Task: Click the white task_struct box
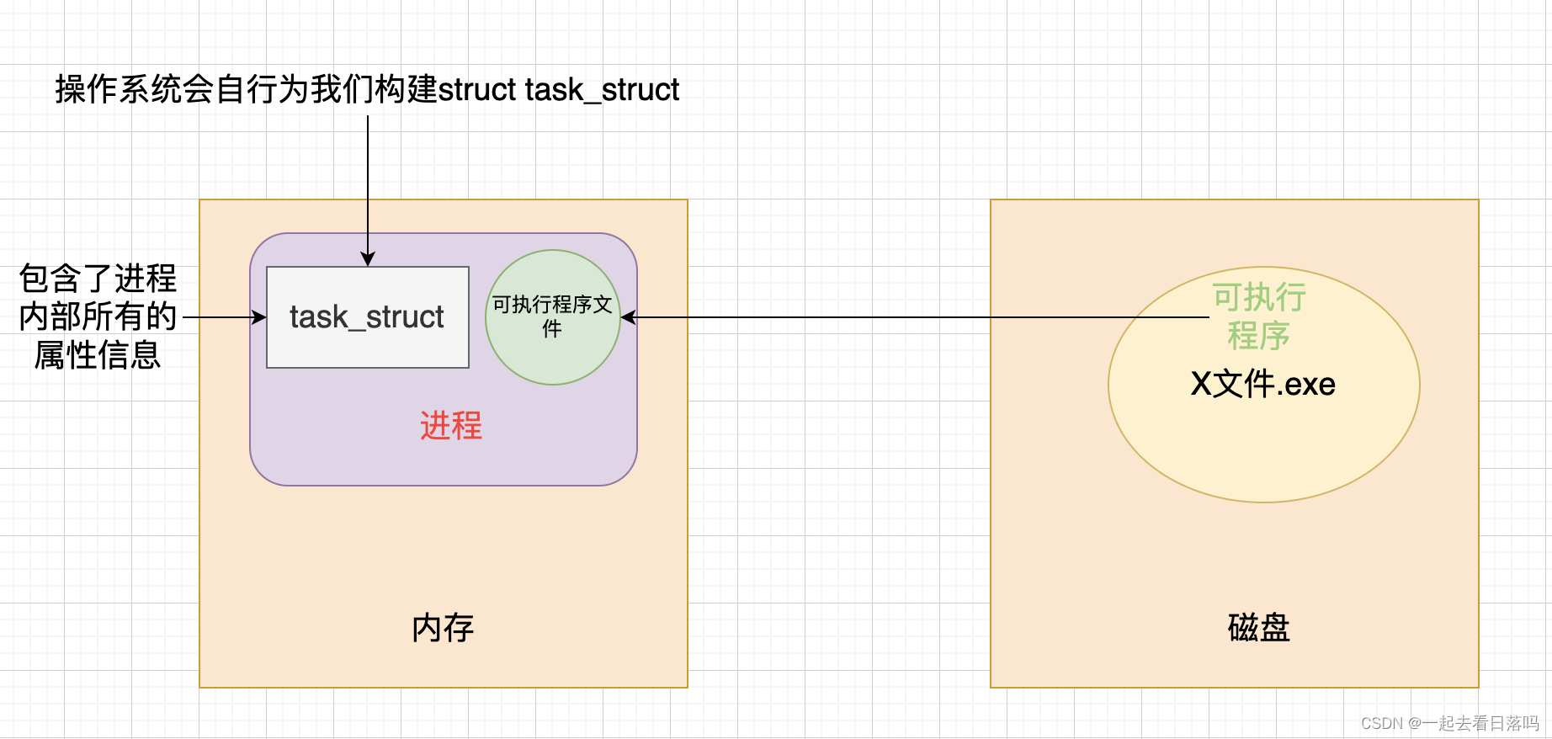367,317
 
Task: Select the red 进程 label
451,426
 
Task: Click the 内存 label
443,628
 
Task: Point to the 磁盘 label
1258,628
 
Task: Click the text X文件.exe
1262,385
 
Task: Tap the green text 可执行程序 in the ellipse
1258,316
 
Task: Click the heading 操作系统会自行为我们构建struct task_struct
367,90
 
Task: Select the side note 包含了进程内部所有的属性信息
98,316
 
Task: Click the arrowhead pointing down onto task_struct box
368,259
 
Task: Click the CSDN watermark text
1449,723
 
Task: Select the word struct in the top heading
477,90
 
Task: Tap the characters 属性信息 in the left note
98,355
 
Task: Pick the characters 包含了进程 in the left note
98,279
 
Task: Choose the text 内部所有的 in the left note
98,316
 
